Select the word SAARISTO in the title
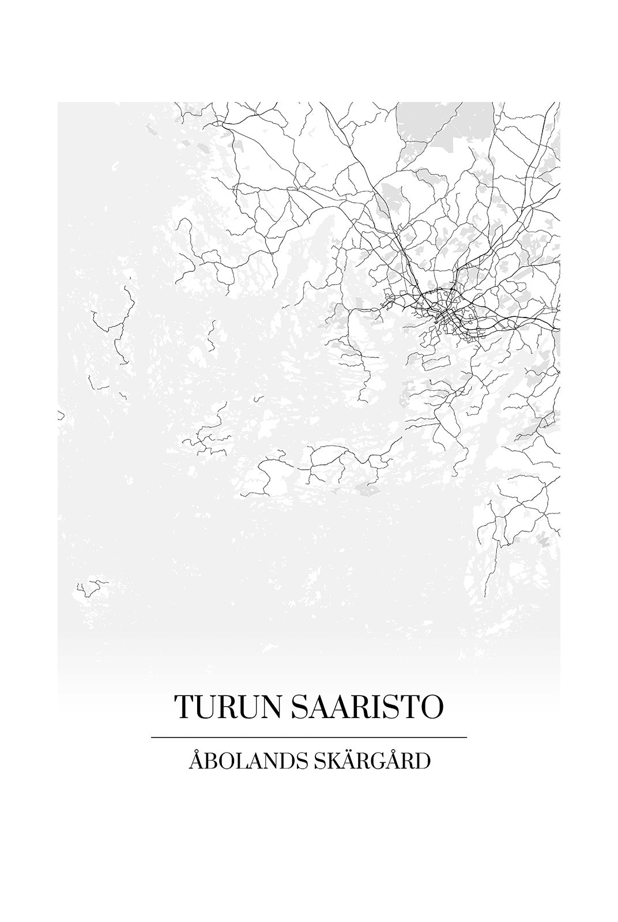coord(368,706)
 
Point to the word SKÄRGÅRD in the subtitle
coord(372,761)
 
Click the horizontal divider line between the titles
coord(308,737)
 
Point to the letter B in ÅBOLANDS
coord(209,762)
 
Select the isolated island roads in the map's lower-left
coord(92,588)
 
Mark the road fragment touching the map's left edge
coord(60,415)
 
